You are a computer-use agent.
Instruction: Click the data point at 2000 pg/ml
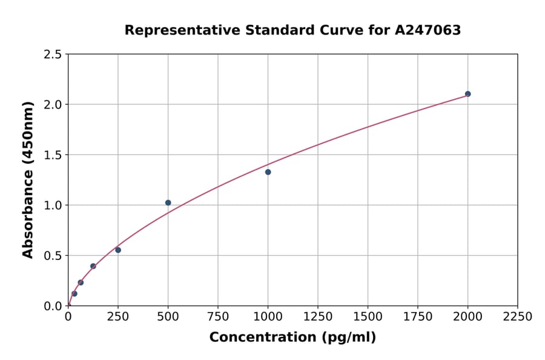467,94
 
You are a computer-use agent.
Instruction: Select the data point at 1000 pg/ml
268,172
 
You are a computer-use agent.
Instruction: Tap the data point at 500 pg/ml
168,202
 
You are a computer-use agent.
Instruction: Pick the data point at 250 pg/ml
118,250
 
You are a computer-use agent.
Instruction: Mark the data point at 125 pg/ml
93,266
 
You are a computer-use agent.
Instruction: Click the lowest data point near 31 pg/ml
74,293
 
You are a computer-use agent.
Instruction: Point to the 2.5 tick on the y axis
53,55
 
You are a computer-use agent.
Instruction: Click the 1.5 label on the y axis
53,155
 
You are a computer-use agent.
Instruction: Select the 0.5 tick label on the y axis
53,256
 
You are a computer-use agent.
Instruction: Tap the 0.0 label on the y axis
53,306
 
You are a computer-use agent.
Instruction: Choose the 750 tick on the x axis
218,317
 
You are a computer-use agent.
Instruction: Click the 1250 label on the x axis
318,317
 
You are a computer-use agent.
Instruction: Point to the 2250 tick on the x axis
518,317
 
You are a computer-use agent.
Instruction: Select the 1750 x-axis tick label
418,317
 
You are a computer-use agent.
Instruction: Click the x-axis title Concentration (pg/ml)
292,338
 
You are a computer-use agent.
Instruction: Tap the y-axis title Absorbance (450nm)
28,180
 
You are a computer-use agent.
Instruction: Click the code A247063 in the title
429,30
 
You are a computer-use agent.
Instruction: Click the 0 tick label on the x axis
68,317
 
